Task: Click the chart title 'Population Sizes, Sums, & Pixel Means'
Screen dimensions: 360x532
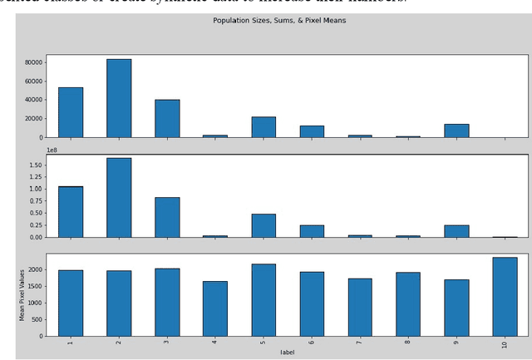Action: (279, 21)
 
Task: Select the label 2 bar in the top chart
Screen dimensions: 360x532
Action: (119, 98)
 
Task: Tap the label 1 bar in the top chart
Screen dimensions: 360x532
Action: (71, 112)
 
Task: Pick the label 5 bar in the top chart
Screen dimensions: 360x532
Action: (264, 127)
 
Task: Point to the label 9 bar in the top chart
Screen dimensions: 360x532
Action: (456, 131)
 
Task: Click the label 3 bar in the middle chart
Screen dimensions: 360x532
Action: (167, 217)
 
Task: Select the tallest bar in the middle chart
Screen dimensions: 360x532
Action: (119, 198)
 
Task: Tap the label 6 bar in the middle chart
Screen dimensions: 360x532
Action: (312, 231)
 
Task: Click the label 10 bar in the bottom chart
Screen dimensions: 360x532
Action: (505, 297)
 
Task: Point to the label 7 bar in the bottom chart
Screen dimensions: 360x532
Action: (360, 308)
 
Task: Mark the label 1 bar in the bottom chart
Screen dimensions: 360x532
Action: (71, 303)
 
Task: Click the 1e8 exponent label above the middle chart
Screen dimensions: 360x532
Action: (52, 150)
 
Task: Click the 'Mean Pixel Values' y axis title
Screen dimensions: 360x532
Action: (22, 294)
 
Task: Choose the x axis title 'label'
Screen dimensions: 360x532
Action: (287, 353)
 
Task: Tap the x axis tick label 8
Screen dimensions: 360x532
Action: (408, 343)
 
